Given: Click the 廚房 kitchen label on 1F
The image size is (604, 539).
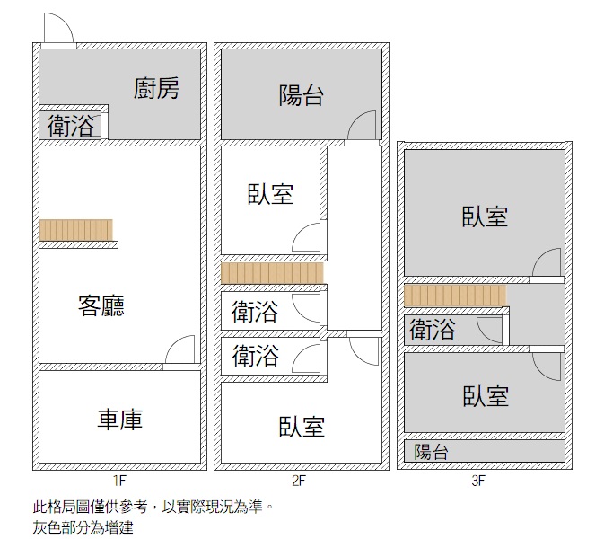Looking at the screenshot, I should point(157,89).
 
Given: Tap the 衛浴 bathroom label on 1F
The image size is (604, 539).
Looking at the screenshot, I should point(71,127).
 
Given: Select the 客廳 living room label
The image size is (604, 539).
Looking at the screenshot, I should point(101,306).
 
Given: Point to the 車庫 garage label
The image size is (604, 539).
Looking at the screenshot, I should point(120,419).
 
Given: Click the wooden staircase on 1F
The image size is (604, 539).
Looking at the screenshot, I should point(76,230).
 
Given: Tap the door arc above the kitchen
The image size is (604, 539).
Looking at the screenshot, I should point(57,29).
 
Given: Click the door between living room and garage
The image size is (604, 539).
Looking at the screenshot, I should point(180,351).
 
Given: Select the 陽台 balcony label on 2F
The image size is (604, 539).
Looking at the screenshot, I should point(301,95).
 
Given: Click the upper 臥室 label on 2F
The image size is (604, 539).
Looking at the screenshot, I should point(270,193).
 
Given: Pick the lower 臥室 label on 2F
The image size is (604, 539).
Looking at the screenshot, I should point(301,426).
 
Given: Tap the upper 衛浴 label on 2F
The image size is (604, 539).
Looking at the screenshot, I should point(255,313).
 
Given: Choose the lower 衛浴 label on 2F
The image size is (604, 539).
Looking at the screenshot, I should point(255,356).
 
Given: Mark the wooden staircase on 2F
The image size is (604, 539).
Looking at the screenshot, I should point(272,272).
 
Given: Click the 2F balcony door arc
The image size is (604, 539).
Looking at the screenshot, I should point(363,126).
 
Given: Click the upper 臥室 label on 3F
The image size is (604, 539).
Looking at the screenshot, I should point(486,216).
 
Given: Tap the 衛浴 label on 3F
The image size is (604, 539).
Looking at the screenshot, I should point(433,330).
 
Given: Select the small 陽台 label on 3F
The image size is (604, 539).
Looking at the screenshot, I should point(432,452).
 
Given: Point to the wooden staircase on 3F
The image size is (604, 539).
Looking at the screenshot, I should point(455,295).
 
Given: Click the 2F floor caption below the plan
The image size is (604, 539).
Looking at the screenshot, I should point(300,481).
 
